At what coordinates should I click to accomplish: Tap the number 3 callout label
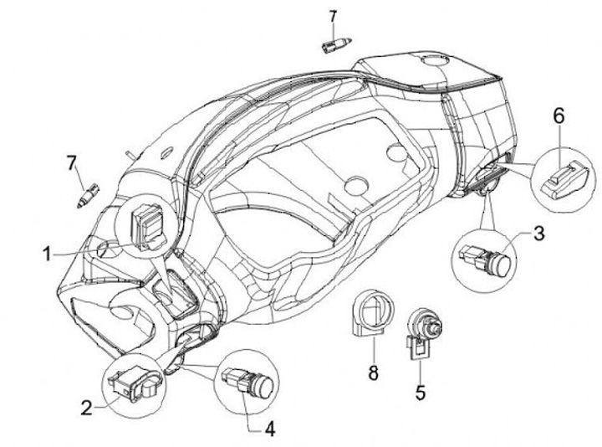tap(538, 233)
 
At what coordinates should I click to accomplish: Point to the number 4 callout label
tap(269, 429)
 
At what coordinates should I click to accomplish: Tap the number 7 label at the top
tap(333, 16)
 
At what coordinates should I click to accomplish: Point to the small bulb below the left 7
tap(86, 196)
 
